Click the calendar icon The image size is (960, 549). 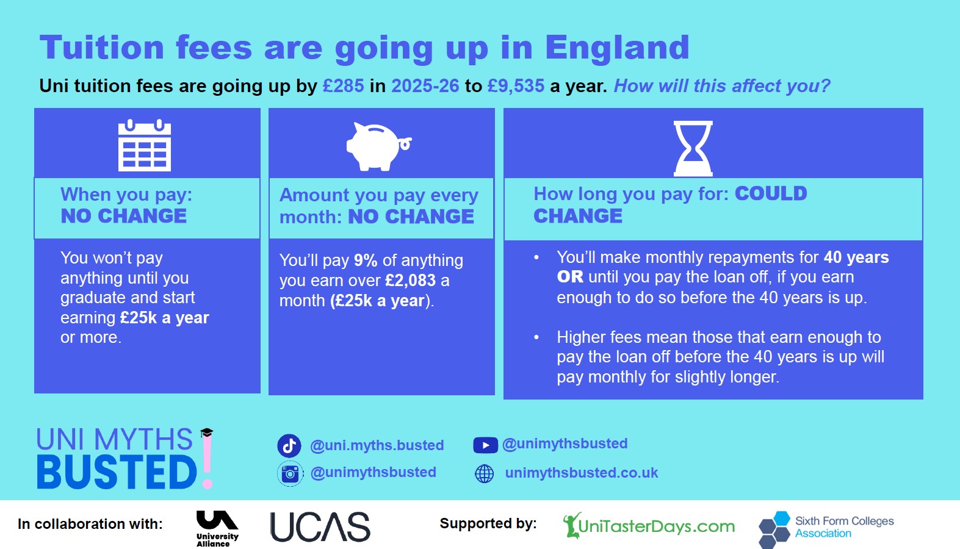pos(145,145)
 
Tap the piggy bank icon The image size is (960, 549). pos(379,146)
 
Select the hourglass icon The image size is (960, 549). pos(693,148)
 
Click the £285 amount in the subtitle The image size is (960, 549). pos(343,85)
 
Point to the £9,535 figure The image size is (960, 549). pos(516,85)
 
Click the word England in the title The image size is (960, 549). pos(617,48)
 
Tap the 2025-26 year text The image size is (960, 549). pos(425,85)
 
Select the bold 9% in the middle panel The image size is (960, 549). pos(366,260)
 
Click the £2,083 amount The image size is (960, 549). pos(411,281)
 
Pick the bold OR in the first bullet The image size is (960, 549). pos(570,277)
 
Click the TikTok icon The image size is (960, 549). pos(289,445)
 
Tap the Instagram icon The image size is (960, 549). pos(290,473)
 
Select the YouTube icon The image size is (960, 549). pos(485,445)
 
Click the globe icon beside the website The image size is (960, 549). pos(485,473)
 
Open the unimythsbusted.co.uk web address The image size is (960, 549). pos(581,473)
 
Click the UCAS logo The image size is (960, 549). pos(320,526)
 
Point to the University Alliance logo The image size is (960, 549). pos(217,528)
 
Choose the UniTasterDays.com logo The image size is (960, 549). pos(648,525)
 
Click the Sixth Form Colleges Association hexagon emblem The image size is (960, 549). pos(774,529)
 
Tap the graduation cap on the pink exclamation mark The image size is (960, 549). pos(206,432)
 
